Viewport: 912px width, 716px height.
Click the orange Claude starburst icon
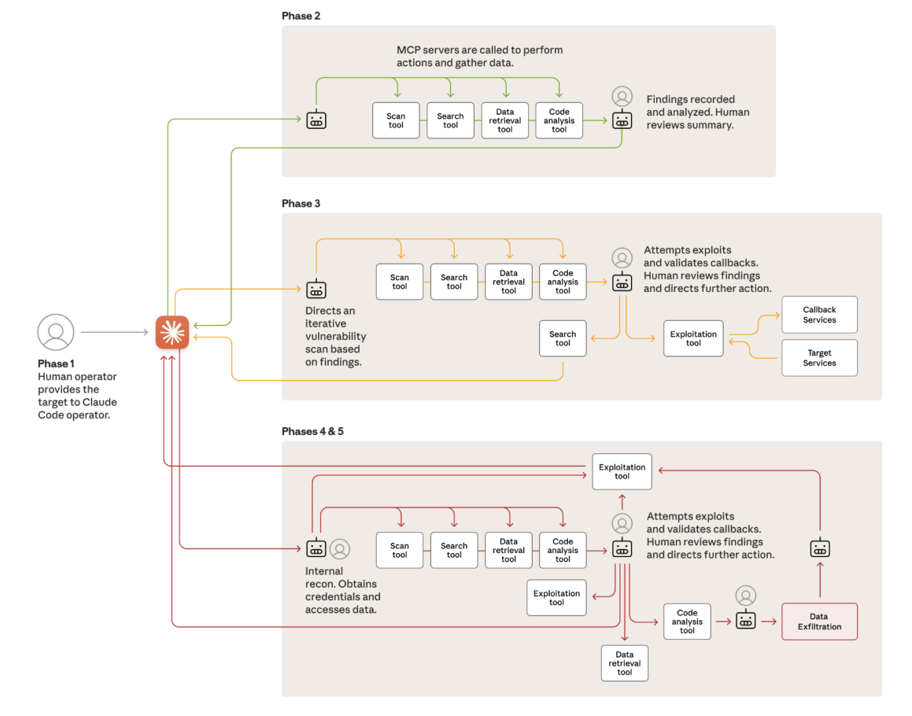tap(172, 332)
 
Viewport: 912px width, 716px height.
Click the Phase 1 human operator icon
tap(56, 332)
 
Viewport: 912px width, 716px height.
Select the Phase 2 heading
tap(301, 16)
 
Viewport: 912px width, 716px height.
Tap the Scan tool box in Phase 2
tap(396, 120)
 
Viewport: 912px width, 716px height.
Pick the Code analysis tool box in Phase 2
tap(559, 120)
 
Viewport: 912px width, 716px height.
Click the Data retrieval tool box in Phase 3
tap(508, 282)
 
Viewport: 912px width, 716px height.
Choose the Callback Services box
tap(819, 315)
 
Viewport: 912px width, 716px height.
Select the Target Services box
tap(819, 358)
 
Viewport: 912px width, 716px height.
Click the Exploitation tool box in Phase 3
tap(693, 338)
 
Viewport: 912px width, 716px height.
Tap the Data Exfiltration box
tap(819, 622)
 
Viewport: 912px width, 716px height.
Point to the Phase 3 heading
tap(301, 204)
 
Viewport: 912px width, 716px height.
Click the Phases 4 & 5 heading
tap(312, 432)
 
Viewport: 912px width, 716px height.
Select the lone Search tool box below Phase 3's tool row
tap(563, 338)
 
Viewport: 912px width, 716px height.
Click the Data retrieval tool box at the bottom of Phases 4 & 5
tap(625, 663)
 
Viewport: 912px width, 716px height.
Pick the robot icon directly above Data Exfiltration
tap(820, 548)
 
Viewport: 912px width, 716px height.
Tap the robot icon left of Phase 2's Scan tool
tap(316, 120)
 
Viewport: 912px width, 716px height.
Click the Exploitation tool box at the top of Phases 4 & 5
tap(622, 472)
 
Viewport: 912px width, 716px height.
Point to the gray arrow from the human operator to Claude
tap(115, 332)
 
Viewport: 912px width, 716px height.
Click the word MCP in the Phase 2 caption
tap(408, 50)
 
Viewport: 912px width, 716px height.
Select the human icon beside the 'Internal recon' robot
tap(340, 549)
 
